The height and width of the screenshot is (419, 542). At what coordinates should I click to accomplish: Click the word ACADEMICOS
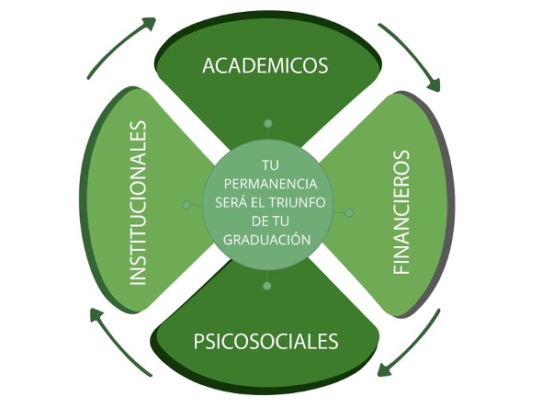265,65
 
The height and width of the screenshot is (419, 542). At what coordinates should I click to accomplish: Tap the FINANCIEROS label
401,212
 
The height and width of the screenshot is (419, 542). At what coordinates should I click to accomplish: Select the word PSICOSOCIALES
265,341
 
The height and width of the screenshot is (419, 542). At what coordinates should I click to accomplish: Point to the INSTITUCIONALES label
138,203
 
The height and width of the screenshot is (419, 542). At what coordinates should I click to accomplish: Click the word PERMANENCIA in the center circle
270,184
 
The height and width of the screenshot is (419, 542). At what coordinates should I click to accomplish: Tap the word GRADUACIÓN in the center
267,239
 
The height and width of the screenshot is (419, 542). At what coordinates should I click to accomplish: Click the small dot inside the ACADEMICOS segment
267,123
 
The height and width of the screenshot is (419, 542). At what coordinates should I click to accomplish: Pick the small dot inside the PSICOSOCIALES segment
266,286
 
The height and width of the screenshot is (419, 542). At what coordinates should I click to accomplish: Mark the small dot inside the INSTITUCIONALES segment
186,205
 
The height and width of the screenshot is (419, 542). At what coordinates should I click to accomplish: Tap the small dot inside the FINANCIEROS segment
349,212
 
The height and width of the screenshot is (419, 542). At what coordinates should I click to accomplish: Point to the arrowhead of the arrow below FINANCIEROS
384,370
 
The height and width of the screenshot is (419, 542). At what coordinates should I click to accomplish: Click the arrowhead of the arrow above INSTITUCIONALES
150,23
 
